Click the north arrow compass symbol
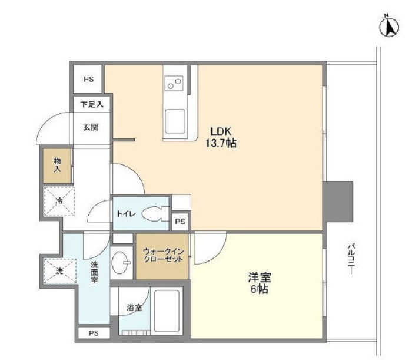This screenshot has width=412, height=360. pyautogui.click(x=389, y=27)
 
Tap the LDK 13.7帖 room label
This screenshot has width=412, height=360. pyautogui.click(x=221, y=137)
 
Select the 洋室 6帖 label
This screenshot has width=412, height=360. pyautogui.click(x=260, y=283)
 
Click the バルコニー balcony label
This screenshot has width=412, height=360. pyautogui.click(x=351, y=259)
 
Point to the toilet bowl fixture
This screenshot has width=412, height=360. pyautogui.click(x=154, y=214)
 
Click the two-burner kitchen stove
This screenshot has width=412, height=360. pyautogui.click(x=174, y=83)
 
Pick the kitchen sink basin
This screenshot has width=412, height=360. pyautogui.click(x=175, y=121)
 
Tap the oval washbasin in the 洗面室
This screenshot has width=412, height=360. pyautogui.click(x=119, y=262)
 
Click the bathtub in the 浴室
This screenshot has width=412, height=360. pyautogui.click(x=167, y=311)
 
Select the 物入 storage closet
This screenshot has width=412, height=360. pyautogui.click(x=57, y=166)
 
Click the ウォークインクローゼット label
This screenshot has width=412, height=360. pyautogui.click(x=162, y=255)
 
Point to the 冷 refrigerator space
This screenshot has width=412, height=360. pyautogui.click(x=59, y=201)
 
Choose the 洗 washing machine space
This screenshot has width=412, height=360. pyautogui.click(x=59, y=271)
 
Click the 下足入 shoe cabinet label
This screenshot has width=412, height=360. pyautogui.click(x=92, y=104)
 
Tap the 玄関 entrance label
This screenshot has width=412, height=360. pyautogui.click(x=91, y=127)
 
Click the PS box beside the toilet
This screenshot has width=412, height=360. pyautogui.click(x=180, y=222)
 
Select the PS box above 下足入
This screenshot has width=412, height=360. pyautogui.click(x=88, y=79)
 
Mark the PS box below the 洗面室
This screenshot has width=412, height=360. pyautogui.click(x=94, y=333)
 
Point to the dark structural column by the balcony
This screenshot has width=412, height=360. pyautogui.click(x=338, y=202)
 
